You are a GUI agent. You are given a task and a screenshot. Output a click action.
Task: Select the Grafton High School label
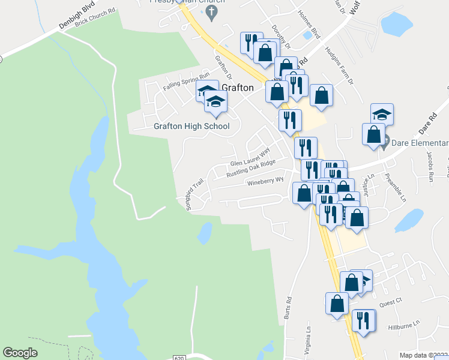(x=191, y=127)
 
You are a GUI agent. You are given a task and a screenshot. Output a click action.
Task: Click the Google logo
(x=20, y=353)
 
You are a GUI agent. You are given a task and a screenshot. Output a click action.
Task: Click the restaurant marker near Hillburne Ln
(x=363, y=320)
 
